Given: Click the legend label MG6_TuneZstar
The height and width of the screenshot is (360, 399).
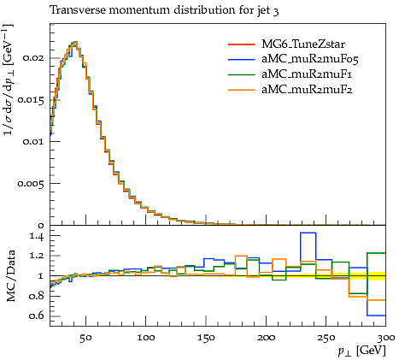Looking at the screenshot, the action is click(303, 44).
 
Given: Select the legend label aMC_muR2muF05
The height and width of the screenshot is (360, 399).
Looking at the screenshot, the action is click(310, 59).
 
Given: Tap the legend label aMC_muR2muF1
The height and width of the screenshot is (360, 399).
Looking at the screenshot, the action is click(307, 74).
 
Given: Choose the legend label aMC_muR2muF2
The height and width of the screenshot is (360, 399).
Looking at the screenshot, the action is click(307, 90).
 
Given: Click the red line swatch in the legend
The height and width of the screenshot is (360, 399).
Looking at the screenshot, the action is click(241, 44).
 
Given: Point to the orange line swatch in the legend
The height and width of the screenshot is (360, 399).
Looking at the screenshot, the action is click(241, 90).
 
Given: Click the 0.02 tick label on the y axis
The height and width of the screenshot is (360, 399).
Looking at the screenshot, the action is click(34, 58).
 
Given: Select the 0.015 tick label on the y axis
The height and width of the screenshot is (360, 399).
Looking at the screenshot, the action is click(31, 100).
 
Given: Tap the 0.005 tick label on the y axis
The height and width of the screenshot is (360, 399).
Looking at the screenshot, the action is click(31, 183).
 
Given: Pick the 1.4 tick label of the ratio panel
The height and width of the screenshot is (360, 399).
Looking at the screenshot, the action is click(37, 236).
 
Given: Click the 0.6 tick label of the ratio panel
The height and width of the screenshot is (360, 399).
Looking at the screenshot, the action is click(37, 316).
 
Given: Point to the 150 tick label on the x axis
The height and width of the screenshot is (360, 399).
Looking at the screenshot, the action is click(206, 338).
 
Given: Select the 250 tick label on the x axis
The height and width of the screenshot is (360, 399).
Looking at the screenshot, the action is click(326, 338).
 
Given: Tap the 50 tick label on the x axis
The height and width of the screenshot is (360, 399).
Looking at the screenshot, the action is click(85, 338).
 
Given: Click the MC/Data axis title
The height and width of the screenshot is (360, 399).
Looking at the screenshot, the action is click(11, 276).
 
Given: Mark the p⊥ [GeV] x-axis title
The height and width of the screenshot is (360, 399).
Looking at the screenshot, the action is click(361, 351).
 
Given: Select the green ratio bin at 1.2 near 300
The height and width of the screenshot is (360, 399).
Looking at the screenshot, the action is click(377, 253).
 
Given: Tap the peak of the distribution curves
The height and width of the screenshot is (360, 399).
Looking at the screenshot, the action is click(75, 43).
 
